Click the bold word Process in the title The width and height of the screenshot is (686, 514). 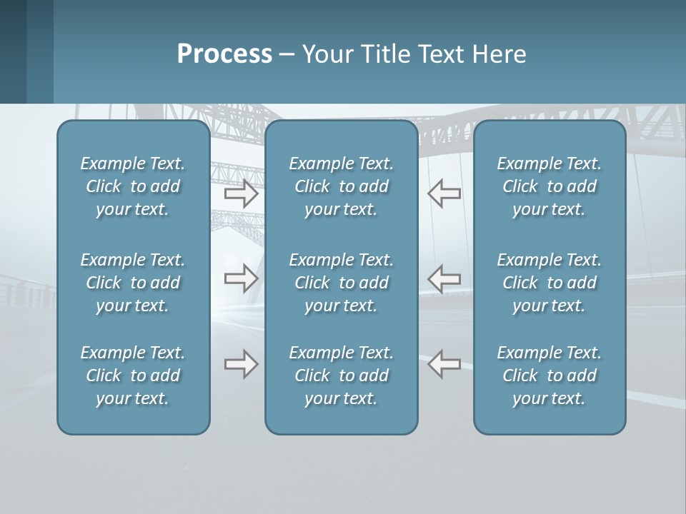224,54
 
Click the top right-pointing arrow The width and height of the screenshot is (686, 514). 242,193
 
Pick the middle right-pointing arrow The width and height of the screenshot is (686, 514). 242,278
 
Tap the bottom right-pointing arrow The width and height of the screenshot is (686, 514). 242,364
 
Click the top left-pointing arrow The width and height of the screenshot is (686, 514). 444,193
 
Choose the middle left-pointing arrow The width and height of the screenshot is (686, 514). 444,278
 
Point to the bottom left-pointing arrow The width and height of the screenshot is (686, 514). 444,364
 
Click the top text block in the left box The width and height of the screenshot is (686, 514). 133,186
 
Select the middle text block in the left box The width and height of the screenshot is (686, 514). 133,283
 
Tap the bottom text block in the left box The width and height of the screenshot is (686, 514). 133,376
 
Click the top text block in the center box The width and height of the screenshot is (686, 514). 341,186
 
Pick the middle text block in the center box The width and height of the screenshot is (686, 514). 341,283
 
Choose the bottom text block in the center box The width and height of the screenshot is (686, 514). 341,376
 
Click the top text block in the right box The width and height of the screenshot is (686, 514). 549,186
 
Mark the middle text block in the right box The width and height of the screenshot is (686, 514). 549,283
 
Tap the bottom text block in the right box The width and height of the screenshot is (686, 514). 549,376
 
